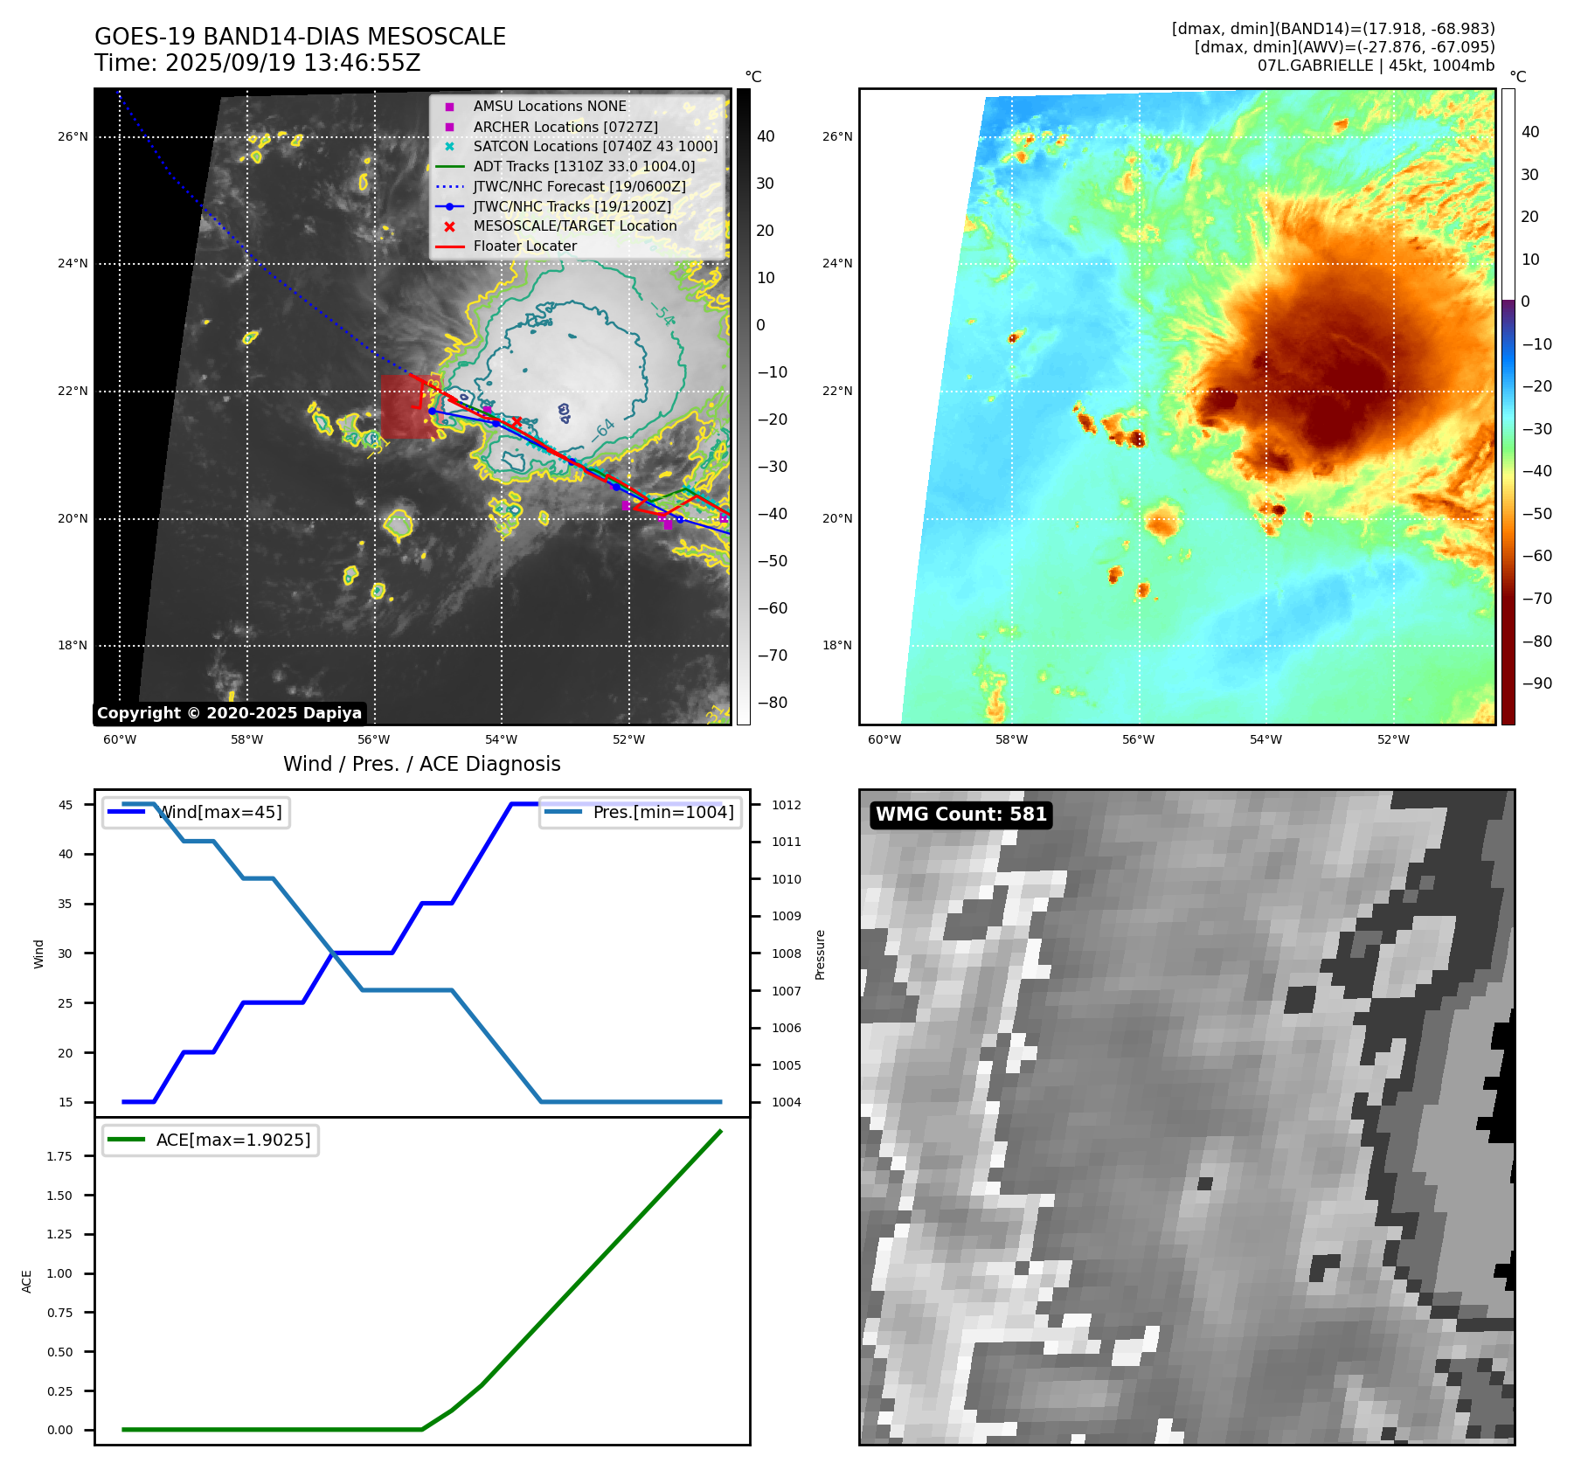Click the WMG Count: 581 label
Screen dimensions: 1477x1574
[960, 815]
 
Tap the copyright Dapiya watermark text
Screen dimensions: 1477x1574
[229, 713]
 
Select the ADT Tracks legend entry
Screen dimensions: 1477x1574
[584, 166]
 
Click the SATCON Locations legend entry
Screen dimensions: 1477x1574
[595, 146]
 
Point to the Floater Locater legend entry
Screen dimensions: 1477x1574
[524, 246]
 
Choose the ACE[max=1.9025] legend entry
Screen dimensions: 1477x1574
[232, 1140]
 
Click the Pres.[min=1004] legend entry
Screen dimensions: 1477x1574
[662, 812]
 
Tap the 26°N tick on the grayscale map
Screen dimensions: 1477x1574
[73, 136]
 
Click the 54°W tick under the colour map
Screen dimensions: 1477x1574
[1265, 739]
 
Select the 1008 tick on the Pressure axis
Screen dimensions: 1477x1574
[787, 953]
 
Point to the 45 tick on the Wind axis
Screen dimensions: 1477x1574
[66, 805]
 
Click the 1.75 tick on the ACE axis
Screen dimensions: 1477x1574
[59, 1156]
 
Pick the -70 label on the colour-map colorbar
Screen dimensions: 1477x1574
[1536, 599]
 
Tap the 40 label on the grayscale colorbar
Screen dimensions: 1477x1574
[766, 135]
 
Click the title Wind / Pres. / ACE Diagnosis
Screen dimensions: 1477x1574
[421, 764]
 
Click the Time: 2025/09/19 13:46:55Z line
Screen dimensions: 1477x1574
[258, 63]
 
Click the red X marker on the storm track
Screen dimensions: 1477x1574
[517, 422]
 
